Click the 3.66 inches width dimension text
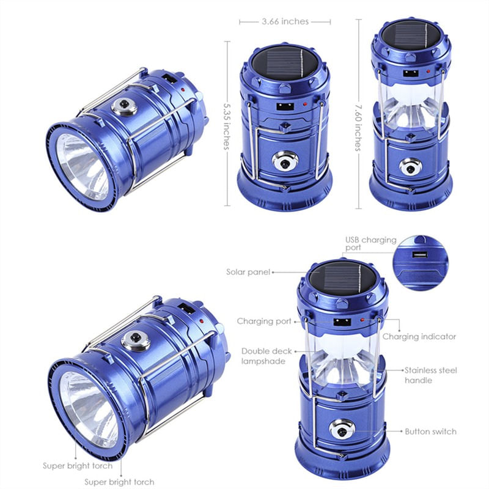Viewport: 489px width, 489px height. tap(285, 21)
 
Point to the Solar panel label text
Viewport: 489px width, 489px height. tap(248, 272)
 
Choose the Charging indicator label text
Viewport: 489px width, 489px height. tap(419, 337)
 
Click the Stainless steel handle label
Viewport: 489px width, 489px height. tap(430, 375)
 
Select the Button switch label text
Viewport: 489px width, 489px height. tap(430, 432)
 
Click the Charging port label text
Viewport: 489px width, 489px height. tap(264, 321)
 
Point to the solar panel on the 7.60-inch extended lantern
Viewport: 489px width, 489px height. tap(411, 36)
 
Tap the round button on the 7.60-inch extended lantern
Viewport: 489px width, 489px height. tap(410, 167)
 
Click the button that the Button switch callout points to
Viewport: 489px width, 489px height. tap(342, 429)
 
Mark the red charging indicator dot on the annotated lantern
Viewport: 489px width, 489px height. tap(362, 320)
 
